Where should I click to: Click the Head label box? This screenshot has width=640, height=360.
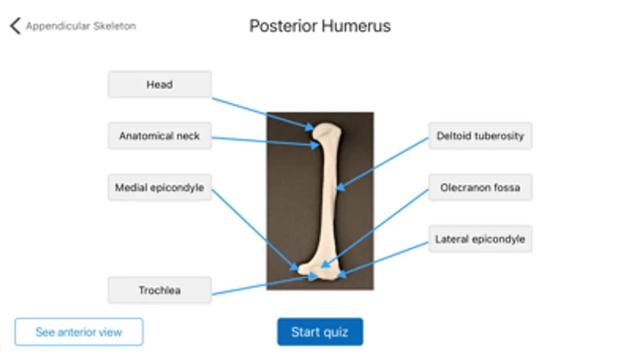159,84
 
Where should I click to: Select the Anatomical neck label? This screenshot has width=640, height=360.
159,136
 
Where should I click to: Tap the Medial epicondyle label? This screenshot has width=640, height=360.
159,187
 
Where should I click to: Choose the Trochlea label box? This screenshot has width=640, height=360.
159,290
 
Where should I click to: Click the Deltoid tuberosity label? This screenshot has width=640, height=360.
480,136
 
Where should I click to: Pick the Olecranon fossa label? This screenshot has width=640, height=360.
480,187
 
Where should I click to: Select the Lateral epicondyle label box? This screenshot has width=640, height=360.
480,239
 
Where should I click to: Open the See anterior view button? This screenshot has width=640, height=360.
79,332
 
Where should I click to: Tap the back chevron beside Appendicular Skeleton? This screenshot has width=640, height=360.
15,26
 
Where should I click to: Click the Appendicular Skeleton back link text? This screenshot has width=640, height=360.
81,26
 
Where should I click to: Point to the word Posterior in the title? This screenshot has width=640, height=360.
283,26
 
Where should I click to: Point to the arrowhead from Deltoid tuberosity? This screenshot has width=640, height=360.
340,187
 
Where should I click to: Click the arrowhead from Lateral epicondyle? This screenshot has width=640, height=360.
341,275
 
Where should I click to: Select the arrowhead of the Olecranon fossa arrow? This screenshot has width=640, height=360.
325,264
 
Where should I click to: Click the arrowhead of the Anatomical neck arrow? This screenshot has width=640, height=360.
315,145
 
